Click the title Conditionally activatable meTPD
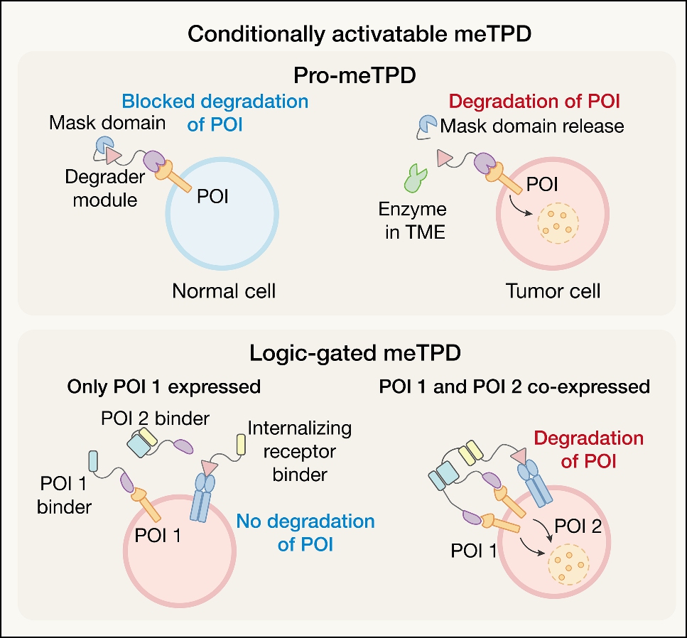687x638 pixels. (x=343, y=33)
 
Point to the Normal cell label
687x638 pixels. (x=225, y=291)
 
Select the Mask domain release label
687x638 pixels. (x=532, y=126)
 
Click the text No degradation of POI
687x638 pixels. (x=305, y=533)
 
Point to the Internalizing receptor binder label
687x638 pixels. (x=300, y=452)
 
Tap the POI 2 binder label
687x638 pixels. (x=165, y=418)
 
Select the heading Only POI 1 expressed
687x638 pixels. (x=164, y=386)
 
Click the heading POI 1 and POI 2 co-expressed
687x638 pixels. (x=514, y=386)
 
